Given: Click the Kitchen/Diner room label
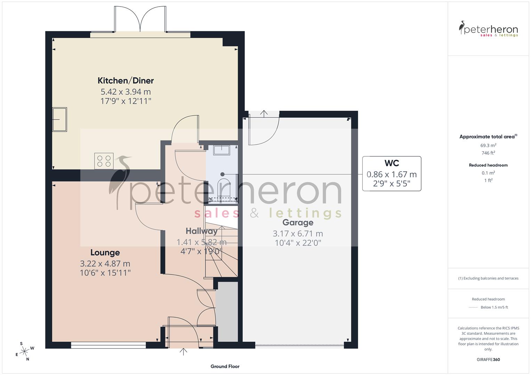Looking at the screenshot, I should tap(126, 81).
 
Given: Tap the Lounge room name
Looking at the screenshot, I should tap(105, 252).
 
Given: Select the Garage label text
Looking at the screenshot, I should tap(298, 223).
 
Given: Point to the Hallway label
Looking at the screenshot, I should tap(201, 231).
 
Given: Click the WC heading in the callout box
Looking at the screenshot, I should tap(392, 163).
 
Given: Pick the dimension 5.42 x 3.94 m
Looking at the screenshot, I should tap(126, 92).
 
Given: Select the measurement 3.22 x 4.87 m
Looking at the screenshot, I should tap(105, 264).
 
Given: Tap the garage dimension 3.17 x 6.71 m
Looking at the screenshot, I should tap(298, 234).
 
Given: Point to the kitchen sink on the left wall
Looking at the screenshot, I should tap(59, 119).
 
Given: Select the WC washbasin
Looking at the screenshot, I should tap(222, 150).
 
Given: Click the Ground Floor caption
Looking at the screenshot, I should tap(225, 366).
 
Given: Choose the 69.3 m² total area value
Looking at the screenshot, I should tap(488, 145).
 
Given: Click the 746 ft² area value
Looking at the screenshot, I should tap(488, 153).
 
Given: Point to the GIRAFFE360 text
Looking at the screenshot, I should tap(488, 360).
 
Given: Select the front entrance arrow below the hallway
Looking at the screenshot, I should tap(183, 352).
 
